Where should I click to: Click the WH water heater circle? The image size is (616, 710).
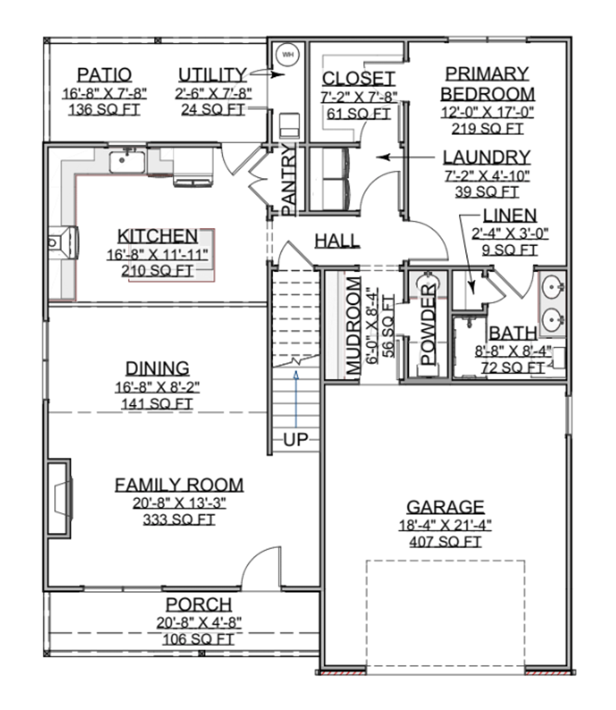tap(288, 55)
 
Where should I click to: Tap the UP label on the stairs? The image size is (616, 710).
tap(295, 439)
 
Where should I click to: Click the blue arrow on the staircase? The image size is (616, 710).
tap(296, 399)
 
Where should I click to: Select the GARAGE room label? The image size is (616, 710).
tap(445, 507)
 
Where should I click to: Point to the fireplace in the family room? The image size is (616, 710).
tap(60, 498)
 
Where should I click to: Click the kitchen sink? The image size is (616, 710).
tap(127, 160)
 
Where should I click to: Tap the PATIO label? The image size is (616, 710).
tap(104, 75)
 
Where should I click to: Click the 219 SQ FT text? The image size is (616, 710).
tap(487, 129)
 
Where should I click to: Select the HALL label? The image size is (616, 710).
tap(337, 241)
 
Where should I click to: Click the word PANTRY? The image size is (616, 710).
tap(288, 180)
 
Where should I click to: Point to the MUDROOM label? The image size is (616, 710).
tap(354, 325)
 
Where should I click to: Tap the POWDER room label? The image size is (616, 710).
tap(428, 325)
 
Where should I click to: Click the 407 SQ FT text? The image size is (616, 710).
tap(445, 542)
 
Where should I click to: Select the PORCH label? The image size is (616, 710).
tap(199, 605)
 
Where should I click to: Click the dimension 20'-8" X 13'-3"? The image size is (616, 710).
tap(179, 503)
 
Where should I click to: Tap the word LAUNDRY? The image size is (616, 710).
tap(487, 157)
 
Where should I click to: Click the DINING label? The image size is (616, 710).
tap(157, 369)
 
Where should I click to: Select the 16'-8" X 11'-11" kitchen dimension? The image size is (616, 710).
tap(157, 255)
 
